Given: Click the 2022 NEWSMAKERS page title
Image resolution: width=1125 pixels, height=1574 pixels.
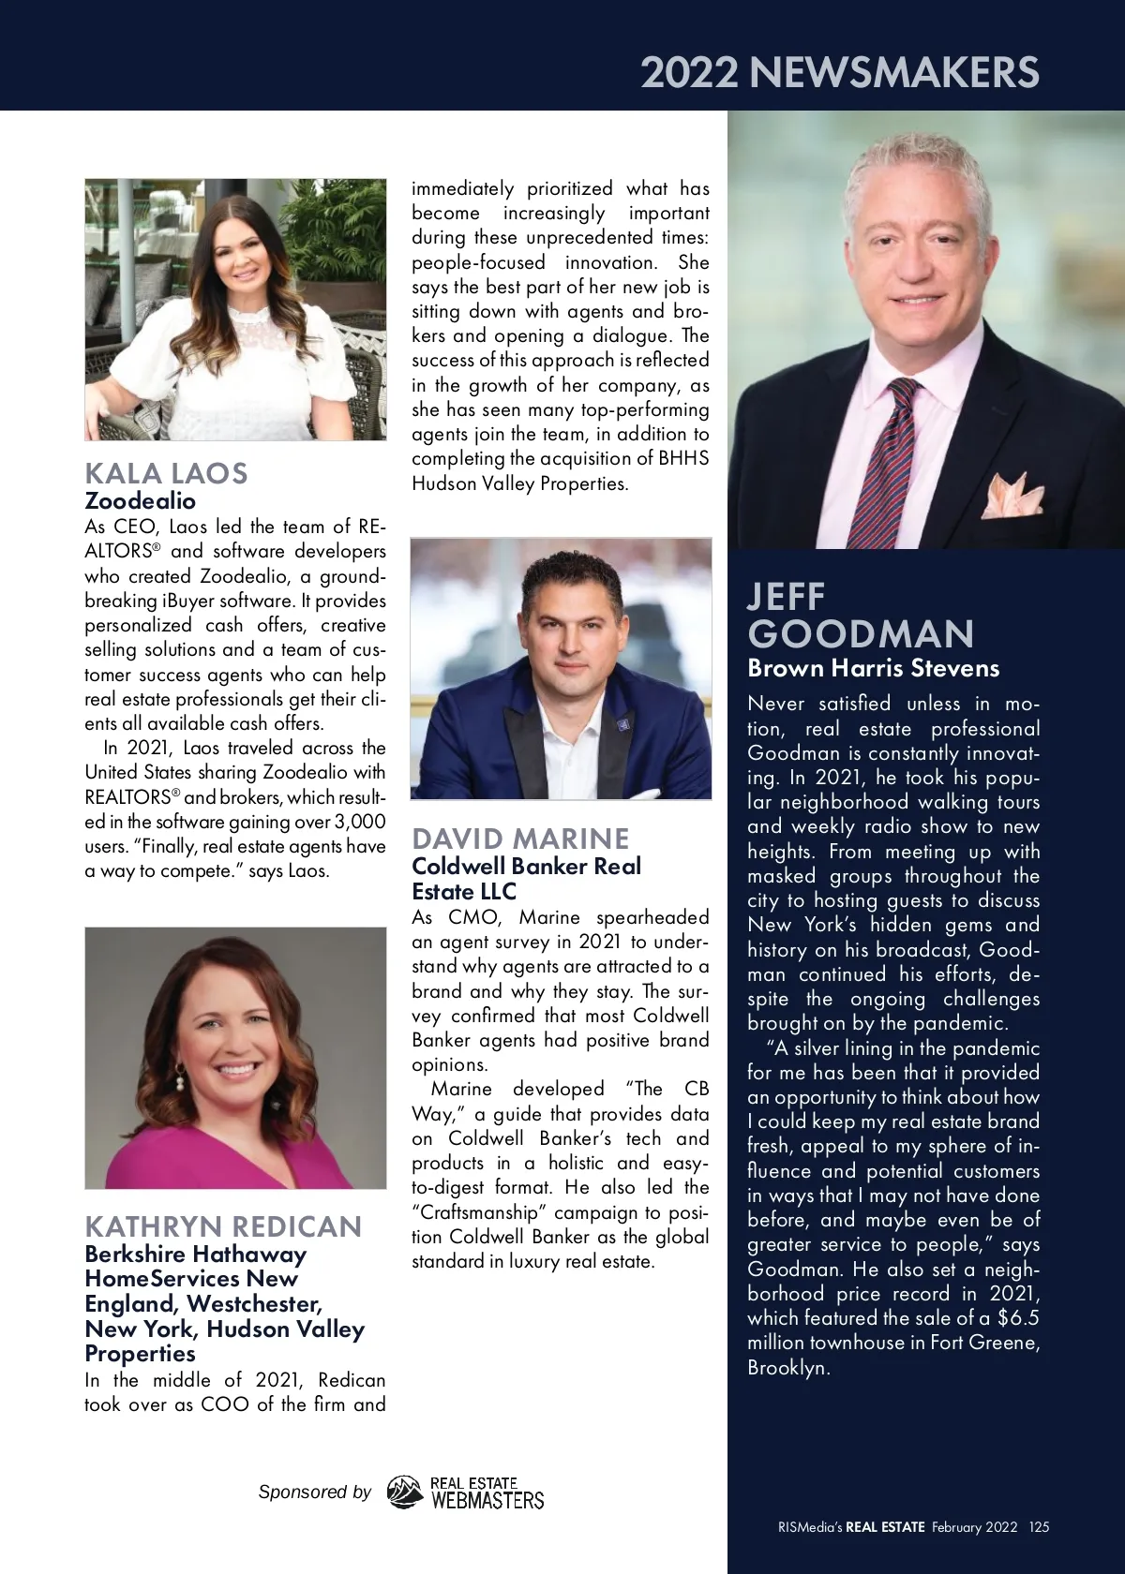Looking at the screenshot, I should (840, 72).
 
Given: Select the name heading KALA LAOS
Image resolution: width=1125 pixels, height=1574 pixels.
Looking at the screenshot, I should (166, 473).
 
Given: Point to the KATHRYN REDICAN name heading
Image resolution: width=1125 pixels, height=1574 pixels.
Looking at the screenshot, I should (223, 1226).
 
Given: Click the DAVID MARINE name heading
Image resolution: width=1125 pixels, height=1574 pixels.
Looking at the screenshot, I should (520, 839).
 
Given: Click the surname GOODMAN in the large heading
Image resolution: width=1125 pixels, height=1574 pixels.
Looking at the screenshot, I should (861, 634).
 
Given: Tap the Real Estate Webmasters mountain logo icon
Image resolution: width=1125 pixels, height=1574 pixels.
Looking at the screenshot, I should (405, 1492).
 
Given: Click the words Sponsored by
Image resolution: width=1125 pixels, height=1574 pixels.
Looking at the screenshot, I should (314, 1492).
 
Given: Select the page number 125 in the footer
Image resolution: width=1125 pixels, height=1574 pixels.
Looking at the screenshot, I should (1039, 1526).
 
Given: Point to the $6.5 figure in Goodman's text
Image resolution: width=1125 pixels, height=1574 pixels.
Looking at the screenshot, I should (1019, 1318).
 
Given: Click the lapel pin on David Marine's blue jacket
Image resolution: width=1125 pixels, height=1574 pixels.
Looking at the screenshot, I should (620, 723).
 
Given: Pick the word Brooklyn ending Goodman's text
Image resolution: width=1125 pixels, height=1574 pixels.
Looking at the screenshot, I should (787, 1367).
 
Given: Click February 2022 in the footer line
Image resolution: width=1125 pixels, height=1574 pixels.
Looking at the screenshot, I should (974, 1526).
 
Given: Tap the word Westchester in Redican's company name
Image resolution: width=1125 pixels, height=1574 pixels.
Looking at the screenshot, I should (254, 1303).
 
